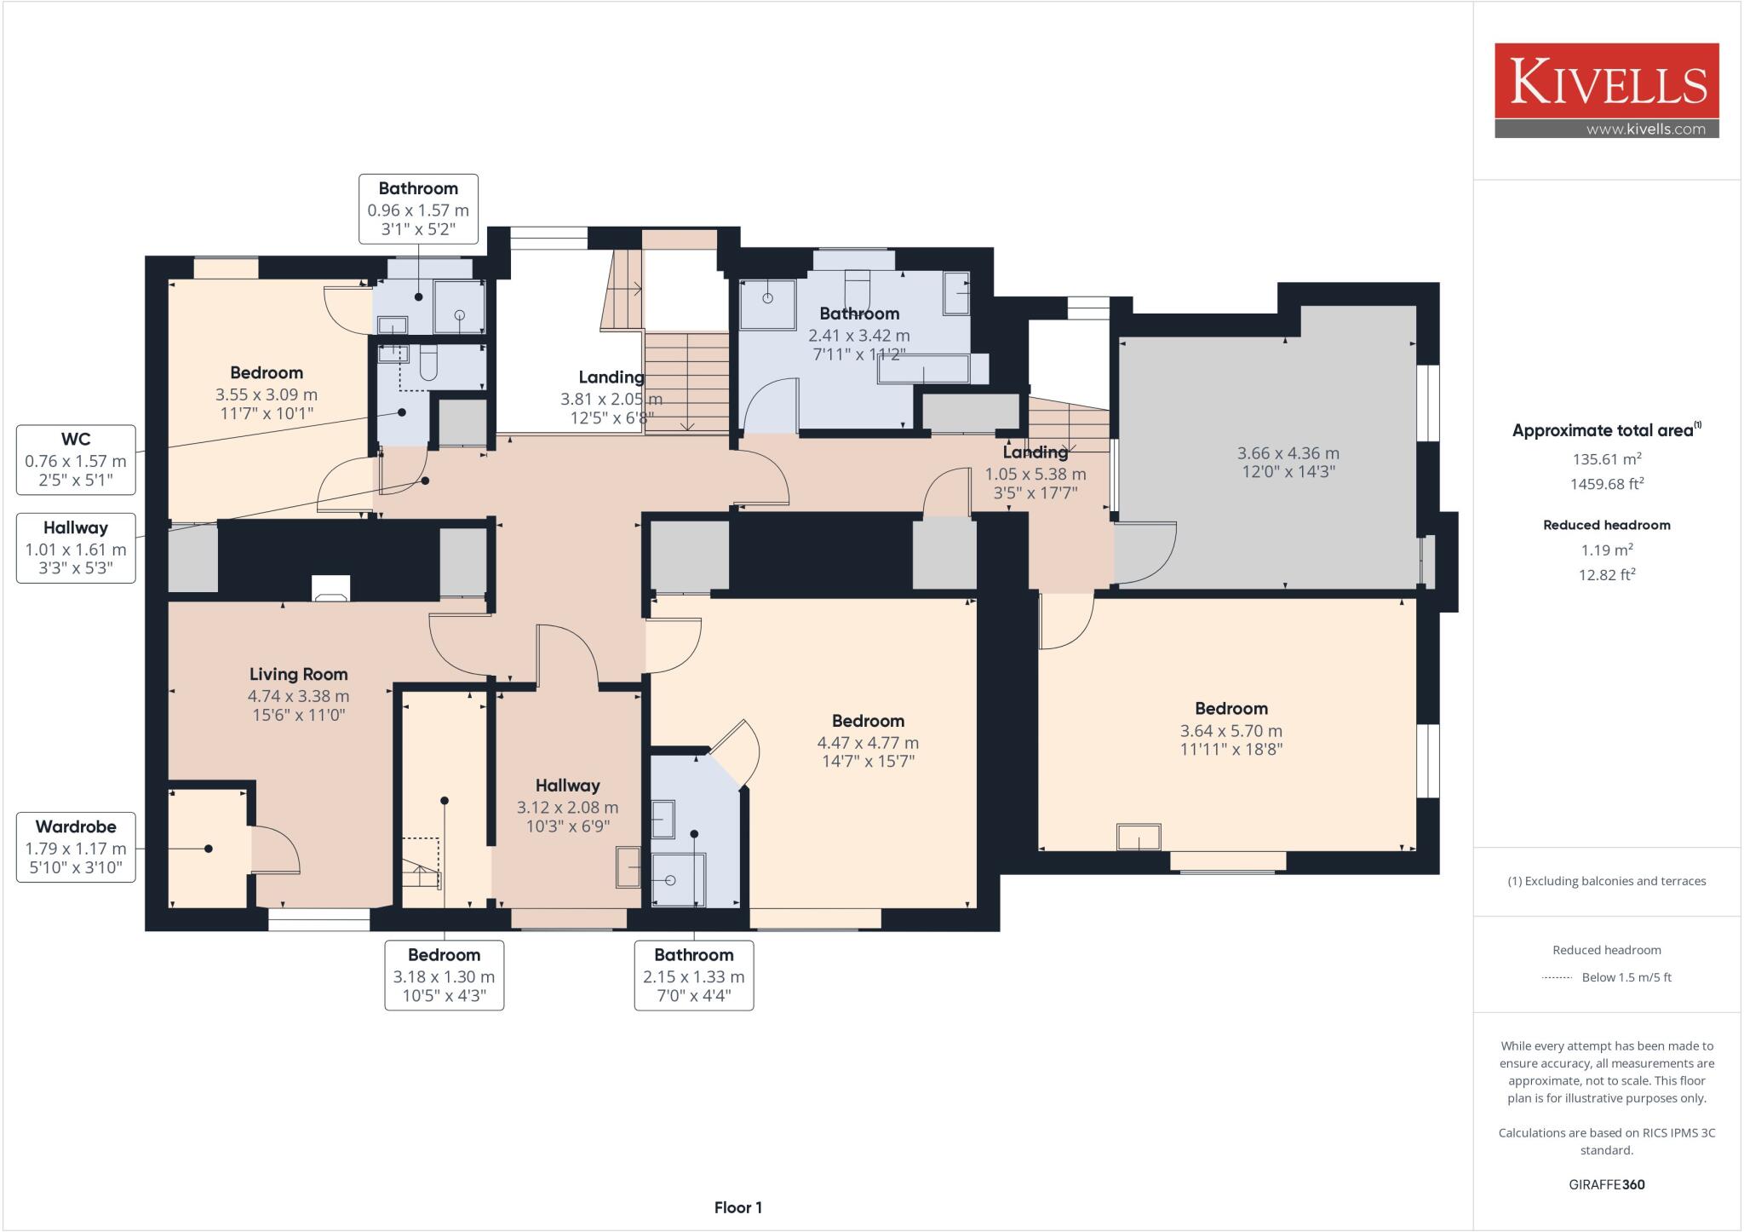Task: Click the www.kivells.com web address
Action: click(1645, 130)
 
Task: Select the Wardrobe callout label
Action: click(76, 847)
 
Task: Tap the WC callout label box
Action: click(76, 460)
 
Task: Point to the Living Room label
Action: click(298, 674)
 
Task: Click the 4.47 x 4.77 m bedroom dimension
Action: click(868, 743)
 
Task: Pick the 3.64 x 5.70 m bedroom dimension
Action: click(1231, 731)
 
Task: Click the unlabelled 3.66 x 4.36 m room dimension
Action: click(1288, 453)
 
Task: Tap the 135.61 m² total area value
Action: click(1606, 459)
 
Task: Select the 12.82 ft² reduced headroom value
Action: click(1606, 575)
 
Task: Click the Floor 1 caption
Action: click(737, 1207)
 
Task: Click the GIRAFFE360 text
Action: click(1606, 1184)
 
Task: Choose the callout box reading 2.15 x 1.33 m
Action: click(693, 976)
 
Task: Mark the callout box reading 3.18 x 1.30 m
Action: click(444, 976)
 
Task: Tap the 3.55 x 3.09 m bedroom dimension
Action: click(267, 394)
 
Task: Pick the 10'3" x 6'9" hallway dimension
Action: click(567, 826)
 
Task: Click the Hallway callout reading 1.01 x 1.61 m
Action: click(76, 548)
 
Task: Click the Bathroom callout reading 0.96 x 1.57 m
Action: click(418, 210)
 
